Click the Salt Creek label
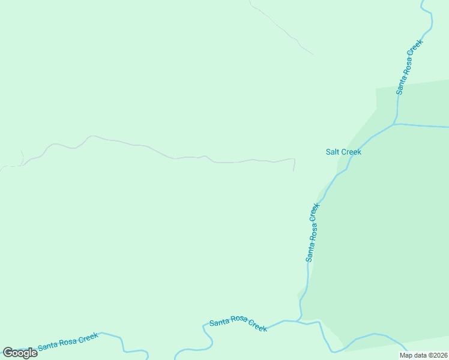point(343,152)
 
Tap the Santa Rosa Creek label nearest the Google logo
point(67,341)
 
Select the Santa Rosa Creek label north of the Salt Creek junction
point(410,67)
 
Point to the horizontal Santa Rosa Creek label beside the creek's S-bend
point(238,325)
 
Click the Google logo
point(20,352)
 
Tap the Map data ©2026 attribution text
point(423,355)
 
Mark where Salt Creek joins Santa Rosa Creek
point(394,124)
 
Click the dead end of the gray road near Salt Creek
point(294,170)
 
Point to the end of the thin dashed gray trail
point(313,55)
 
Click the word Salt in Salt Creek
point(333,152)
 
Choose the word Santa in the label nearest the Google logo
point(47,346)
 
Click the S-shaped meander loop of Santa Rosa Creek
point(208,339)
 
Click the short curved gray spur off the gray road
point(22,158)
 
